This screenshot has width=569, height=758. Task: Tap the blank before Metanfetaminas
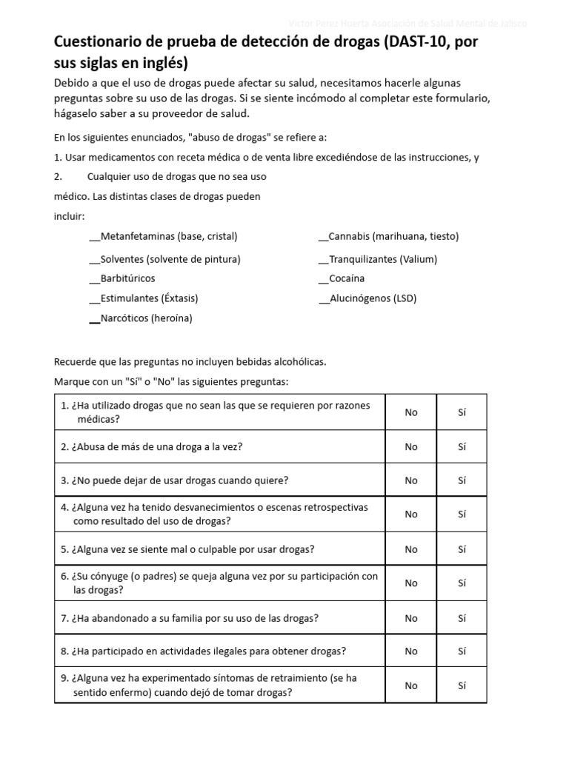94,238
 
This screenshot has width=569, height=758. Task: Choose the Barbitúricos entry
127,278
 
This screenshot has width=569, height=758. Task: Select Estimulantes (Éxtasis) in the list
148,298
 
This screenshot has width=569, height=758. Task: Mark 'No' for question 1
411,412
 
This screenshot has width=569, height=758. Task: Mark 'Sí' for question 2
462,446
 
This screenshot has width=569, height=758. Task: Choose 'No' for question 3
411,480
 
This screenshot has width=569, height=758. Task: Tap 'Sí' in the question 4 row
462,514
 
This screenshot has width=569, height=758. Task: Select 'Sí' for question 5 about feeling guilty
462,549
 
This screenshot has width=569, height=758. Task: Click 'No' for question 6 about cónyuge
411,583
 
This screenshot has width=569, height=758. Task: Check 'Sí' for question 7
462,617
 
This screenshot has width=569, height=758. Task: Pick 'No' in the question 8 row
411,651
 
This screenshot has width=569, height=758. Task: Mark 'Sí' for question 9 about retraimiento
462,685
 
